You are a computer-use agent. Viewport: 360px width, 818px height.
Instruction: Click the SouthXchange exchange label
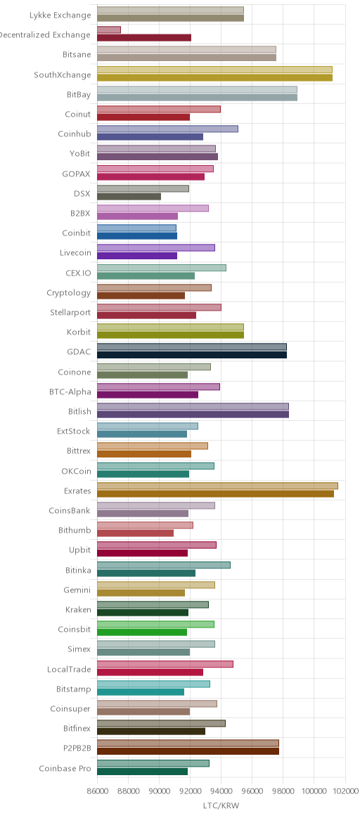(x=62, y=74)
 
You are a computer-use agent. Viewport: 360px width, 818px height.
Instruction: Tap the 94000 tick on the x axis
(x=221, y=791)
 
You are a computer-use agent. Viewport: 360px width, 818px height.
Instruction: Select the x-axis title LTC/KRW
(x=221, y=806)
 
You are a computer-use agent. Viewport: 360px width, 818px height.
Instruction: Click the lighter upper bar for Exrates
(x=217, y=486)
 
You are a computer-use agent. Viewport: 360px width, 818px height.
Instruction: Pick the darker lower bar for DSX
(x=129, y=197)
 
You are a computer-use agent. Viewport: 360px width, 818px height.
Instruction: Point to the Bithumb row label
(x=75, y=531)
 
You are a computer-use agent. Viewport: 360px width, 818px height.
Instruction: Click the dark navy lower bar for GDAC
(x=192, y=355)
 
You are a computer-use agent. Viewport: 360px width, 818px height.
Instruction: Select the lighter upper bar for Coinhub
(x=167, y=129)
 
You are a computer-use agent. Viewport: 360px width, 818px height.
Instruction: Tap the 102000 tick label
(x=345, y=791)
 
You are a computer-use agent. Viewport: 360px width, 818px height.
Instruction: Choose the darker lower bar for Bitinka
(x=146, y=573)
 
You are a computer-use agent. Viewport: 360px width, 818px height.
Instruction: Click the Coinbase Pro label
(x=65, y=768)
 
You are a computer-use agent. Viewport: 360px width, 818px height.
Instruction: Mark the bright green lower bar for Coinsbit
(x=142, y=632)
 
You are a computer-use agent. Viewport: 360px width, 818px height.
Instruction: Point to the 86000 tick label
(x=97, y=791)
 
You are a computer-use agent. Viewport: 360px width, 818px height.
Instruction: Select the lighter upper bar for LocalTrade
(x=165, y=665)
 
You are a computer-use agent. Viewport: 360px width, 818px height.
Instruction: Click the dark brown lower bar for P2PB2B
(x=188, y=751)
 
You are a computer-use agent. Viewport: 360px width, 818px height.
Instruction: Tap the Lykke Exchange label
(x=60, y=15)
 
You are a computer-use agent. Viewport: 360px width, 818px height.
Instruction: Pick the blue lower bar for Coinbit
(x=137, y=236)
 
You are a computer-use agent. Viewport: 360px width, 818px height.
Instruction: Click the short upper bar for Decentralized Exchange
(x=108, y=30)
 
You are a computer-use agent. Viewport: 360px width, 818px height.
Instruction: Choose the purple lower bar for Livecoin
(x=137, y=256)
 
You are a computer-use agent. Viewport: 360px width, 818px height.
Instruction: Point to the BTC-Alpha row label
(x=70, y=392)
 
